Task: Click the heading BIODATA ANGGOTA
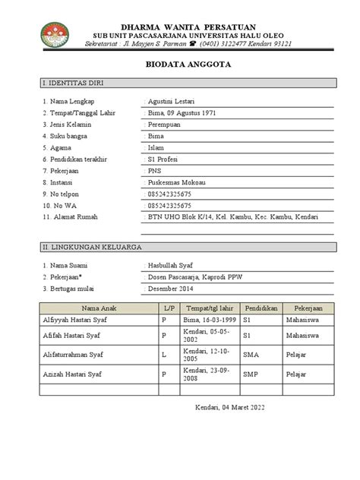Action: click(x=180, y=66)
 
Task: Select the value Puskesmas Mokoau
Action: click(x=178, y=182)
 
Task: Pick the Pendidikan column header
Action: click(x=260, y=310)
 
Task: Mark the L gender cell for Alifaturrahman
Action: click(x=163, y=355)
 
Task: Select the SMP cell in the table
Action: click(x=251, y=374)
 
